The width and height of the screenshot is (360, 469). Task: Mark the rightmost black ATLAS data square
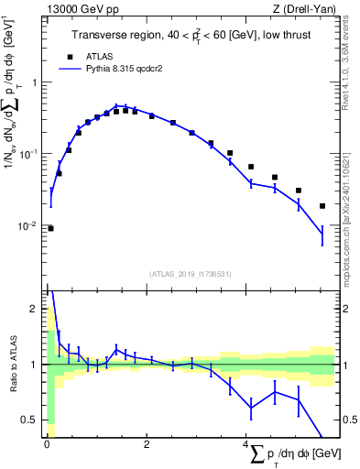322,206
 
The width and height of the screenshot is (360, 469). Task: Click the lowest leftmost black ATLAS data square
50,228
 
